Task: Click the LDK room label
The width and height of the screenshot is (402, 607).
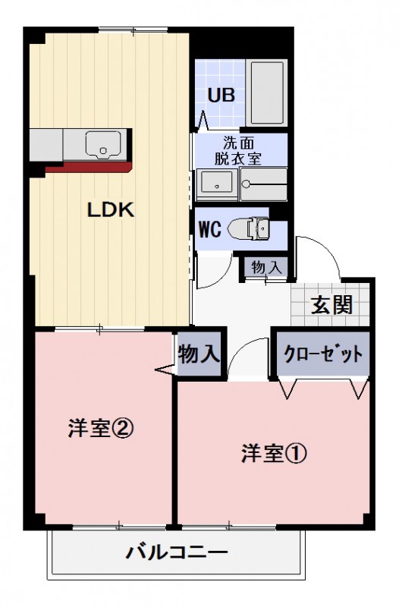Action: [x=110, y=211]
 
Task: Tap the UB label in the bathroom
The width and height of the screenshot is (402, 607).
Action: [x=221, y=95]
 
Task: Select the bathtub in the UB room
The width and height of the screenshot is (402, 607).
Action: [x=267, y=93]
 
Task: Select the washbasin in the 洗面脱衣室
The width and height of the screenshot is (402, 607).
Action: [x=217, y=182]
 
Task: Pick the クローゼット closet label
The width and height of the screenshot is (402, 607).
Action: [x=323, y=354]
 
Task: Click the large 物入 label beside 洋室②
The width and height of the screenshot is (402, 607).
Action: [x=199, y=354]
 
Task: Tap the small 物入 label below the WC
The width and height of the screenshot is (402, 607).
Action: [x=266, y=267]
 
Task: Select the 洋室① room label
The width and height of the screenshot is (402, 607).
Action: [x=274, y=454]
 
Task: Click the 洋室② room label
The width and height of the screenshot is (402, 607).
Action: [x=101, y=429]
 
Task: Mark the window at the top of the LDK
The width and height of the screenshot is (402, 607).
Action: [x=133, y=30]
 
